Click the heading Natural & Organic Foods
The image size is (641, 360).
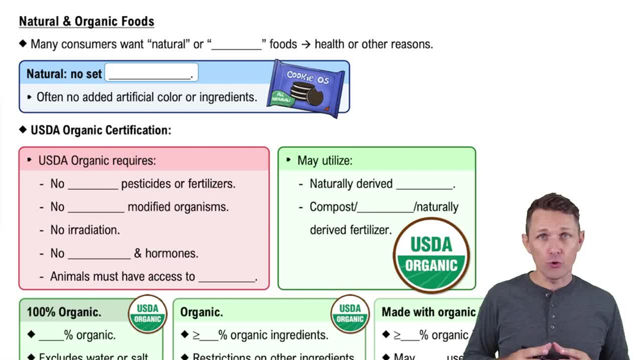coord(87,21)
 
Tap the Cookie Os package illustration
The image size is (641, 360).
coord(306,88)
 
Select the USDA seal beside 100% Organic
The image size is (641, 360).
coord(147,313)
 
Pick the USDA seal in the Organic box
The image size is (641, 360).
coord(350,313)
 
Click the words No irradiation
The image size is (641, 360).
coord(85,230)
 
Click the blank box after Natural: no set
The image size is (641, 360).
coord(151,73)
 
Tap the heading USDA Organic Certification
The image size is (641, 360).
coord(101,130)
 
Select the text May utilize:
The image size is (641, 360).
coord(325,160)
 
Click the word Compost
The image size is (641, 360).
coord(331,207)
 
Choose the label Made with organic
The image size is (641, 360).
coord(428,312)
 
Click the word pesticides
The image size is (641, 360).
coord(149,184)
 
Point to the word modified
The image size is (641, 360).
coord(155,207)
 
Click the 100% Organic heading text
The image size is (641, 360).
coord(63,312)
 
